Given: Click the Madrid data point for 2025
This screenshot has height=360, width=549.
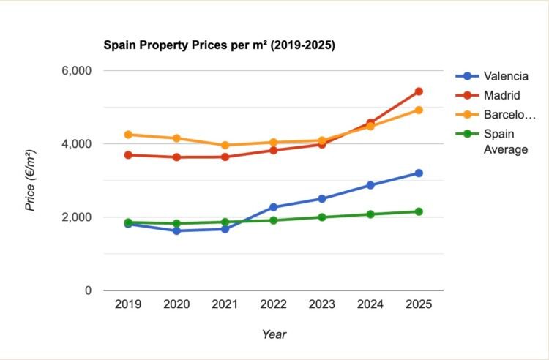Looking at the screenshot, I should pyautogui.click(x=419, y=91).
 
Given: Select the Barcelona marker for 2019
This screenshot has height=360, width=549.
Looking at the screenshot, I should pyautogui.click(x=128, y=135).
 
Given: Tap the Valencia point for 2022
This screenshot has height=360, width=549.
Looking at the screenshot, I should pyautogui.click(x=273, y=207).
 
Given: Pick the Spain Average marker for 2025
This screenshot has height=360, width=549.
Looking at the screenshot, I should pyautogui.click(x=419, y=211).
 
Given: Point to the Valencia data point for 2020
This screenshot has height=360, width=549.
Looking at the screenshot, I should pyautogui.click(x=176, y=230).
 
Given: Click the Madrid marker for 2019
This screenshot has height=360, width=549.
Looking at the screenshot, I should pyautogui.click(x=128, y=155).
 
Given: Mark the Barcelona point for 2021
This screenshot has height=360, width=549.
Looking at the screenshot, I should pyautogui.click(x=225, y=145).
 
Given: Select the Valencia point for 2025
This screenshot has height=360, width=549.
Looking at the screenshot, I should pyautogui.click(x=419, y=173).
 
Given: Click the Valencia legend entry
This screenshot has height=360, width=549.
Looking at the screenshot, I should pyautogui.click(x=505, y=76).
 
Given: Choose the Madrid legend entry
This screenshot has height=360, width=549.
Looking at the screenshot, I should pyautogui.click(x=501, y=95).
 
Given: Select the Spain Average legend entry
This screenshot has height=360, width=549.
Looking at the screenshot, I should pyautogui.click(x=505, y=141).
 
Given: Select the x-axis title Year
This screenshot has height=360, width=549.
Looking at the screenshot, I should pyautogui.click(x=274, y=334).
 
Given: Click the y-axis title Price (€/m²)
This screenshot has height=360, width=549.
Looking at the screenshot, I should pyautogui.click(x=31, y=181).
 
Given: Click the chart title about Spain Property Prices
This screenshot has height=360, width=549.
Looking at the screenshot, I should pyautogui.click(x=218, y=45).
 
